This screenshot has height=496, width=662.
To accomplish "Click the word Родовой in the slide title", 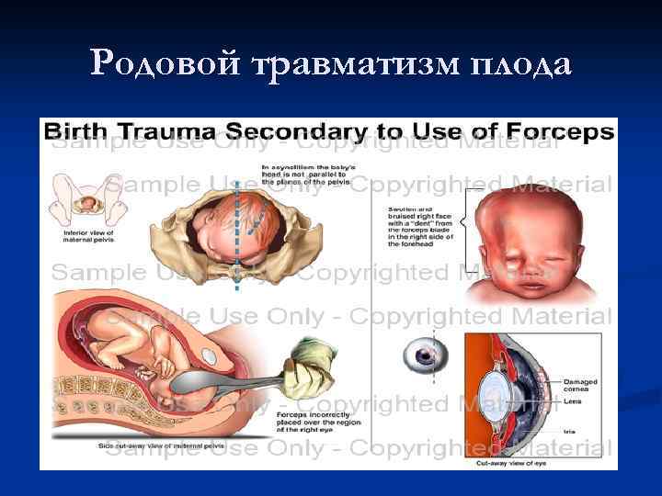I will (x=165, y=63).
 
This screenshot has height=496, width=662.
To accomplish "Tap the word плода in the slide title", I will (x=519, y=63).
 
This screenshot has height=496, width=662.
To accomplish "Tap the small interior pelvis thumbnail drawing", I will (x=87, y=201).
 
